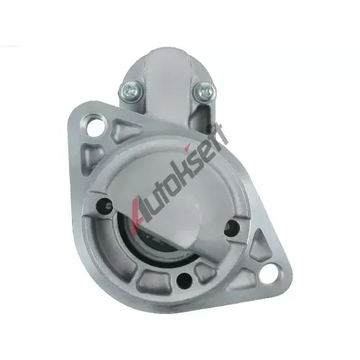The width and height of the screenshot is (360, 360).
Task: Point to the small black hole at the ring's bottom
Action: click(x=184, y=280)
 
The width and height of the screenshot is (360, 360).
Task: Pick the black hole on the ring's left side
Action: click(x=103, y=204)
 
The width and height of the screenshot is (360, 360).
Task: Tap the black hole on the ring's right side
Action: click(x=231, y=226)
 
